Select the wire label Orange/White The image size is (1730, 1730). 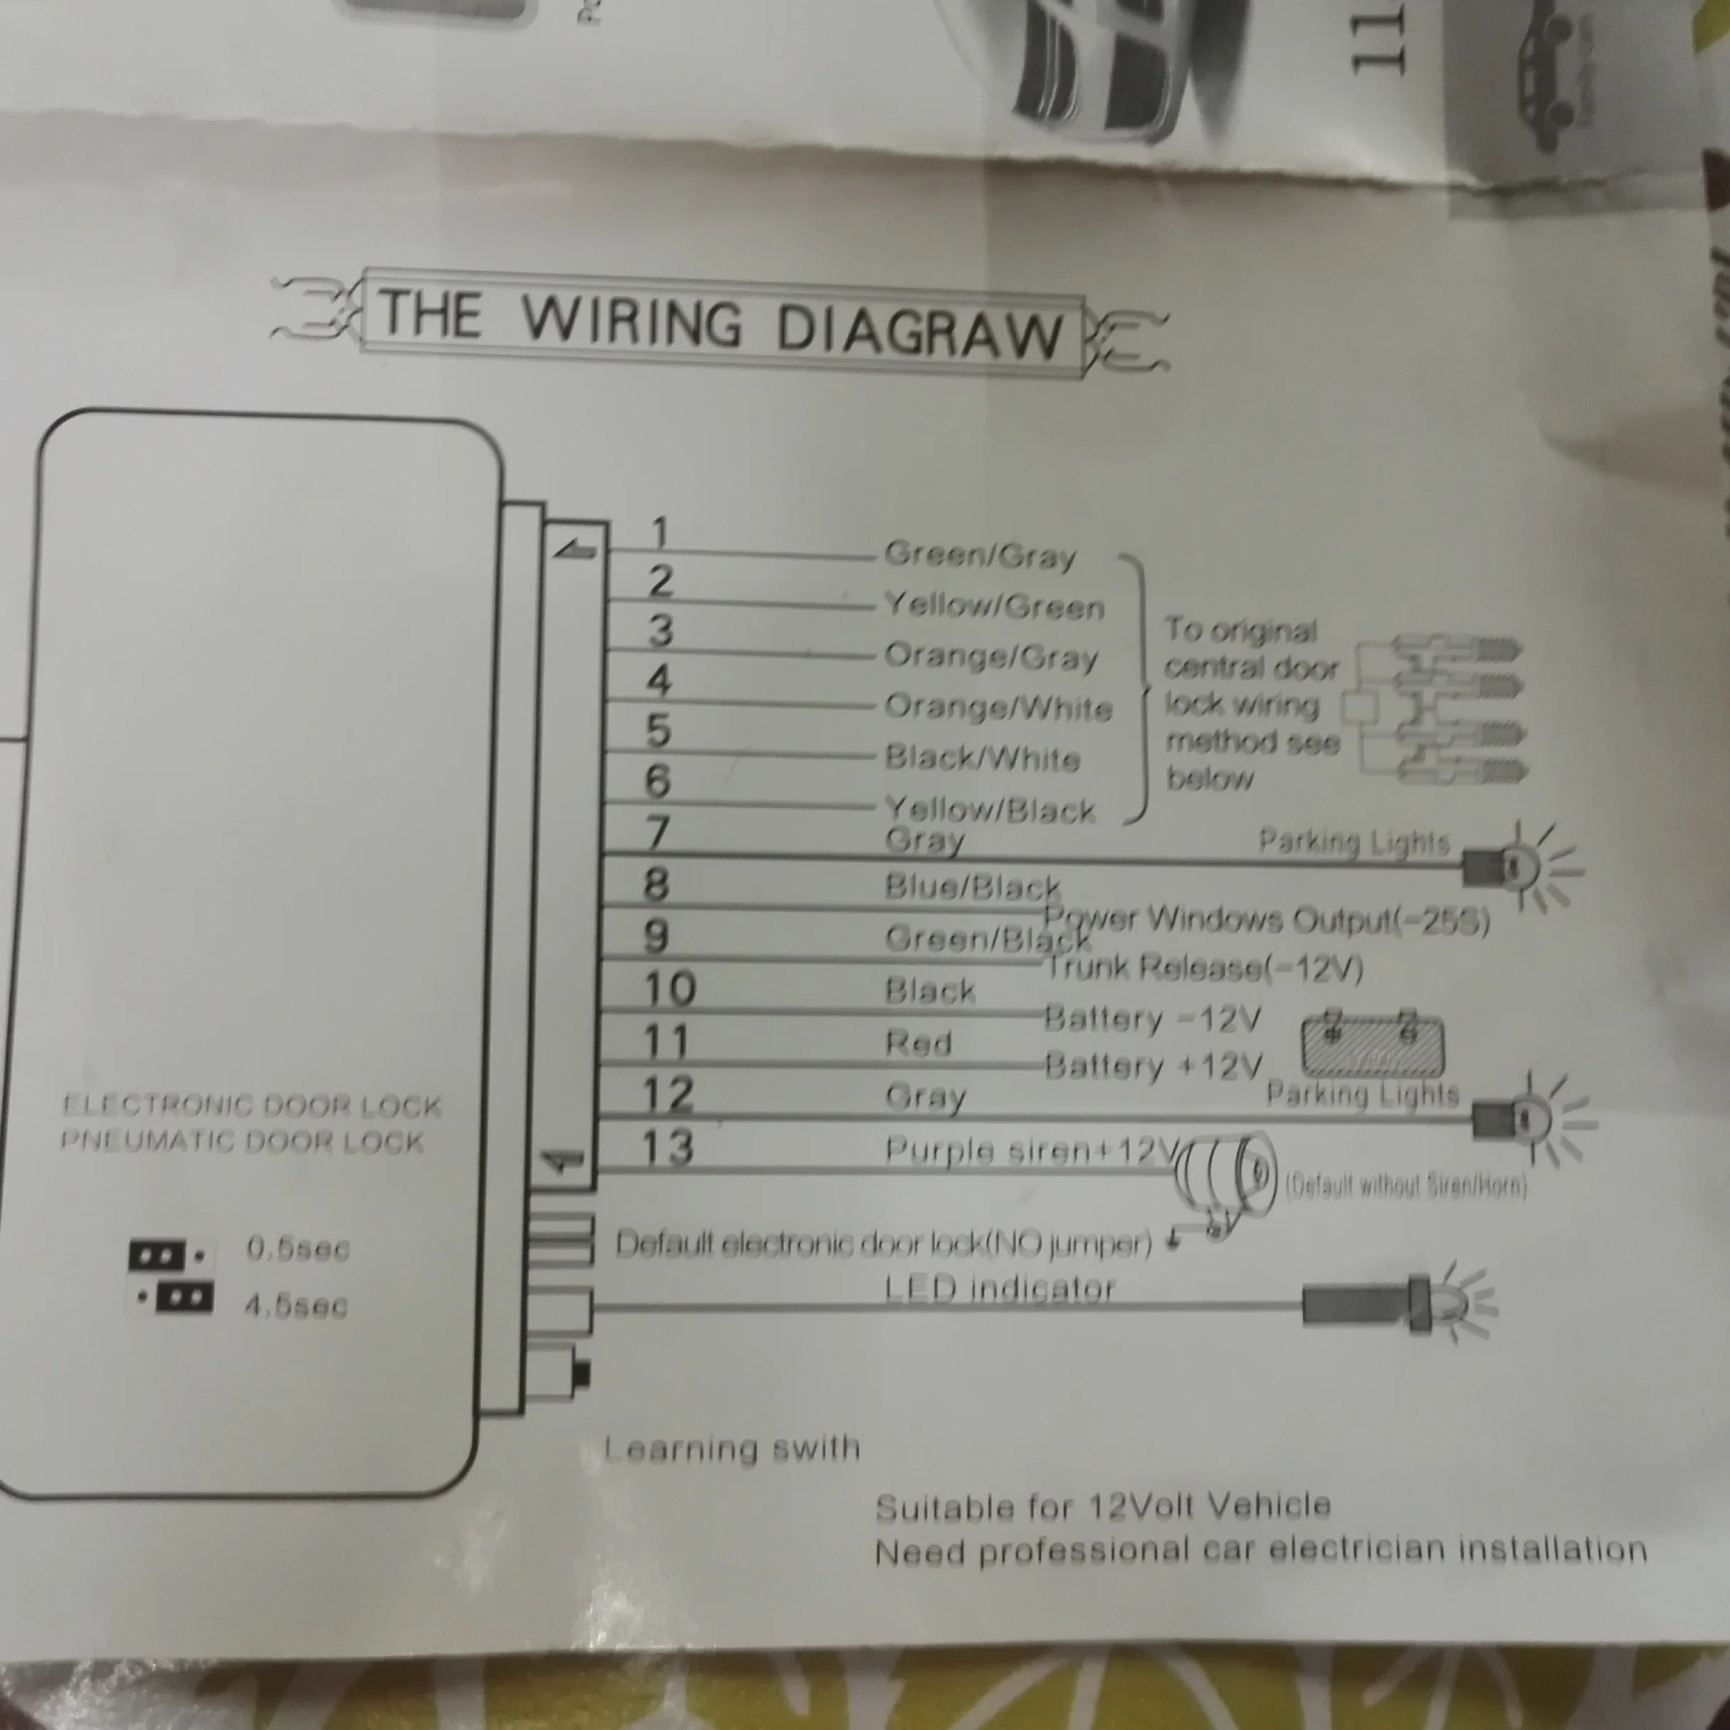(997, 707)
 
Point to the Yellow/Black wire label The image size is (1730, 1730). (989, 810)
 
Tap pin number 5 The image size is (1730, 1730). (658, 731)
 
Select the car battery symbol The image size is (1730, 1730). (1371, 1044)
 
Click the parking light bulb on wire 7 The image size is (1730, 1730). (1509, 866)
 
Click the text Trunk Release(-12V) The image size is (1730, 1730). (1204, 968)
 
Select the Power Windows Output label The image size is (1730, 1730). (1266, 920)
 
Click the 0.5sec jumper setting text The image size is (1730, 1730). (297, 1249)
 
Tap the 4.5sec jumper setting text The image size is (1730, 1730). (295, 1305)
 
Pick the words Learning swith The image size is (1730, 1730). (731, 1448)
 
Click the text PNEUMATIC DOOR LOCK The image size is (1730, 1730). (242, 1142)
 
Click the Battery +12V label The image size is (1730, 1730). (1153, 1066)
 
